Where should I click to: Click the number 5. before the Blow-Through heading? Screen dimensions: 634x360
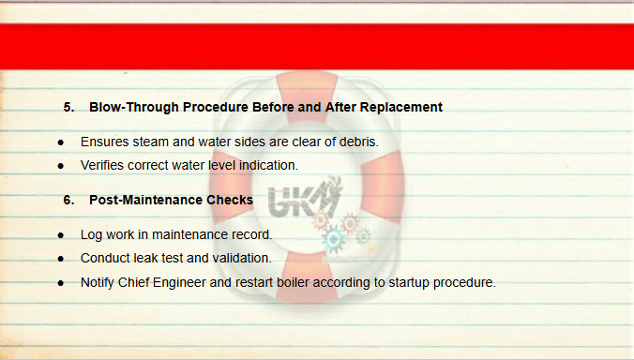68,107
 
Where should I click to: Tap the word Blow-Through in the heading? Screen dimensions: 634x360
134,107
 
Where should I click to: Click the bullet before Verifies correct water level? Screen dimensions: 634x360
61,166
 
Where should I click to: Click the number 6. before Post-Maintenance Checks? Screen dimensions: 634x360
68,200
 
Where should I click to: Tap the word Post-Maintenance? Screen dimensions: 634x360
145,200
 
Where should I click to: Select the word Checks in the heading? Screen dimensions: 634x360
230,200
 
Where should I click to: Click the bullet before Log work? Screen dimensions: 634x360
61,235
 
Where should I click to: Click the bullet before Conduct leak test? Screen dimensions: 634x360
61,259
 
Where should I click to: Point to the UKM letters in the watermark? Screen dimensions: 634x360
302,200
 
